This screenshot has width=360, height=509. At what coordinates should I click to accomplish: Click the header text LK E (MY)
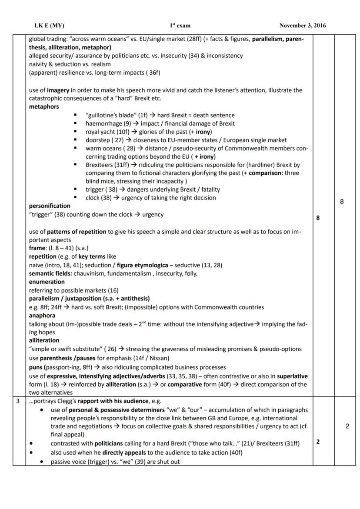point(49,26)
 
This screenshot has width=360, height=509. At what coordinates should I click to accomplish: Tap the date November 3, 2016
point(302,26)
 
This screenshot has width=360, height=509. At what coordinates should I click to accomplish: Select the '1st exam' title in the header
point(180,26)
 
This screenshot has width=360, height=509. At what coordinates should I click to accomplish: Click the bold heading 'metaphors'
point(44,106)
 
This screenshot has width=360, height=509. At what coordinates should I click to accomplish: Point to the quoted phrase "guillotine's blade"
point(111,115)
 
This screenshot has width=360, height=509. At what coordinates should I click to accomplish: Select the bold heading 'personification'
point(50,206)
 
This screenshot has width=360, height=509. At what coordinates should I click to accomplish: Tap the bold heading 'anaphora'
point(42,316)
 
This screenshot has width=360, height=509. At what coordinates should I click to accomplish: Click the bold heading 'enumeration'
point(47,282)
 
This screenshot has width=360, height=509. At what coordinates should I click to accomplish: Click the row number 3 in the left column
point(18,401)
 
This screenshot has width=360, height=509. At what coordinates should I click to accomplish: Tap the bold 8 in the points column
point(318,218)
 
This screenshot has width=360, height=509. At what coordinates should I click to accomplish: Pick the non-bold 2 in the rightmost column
point(347,426)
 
